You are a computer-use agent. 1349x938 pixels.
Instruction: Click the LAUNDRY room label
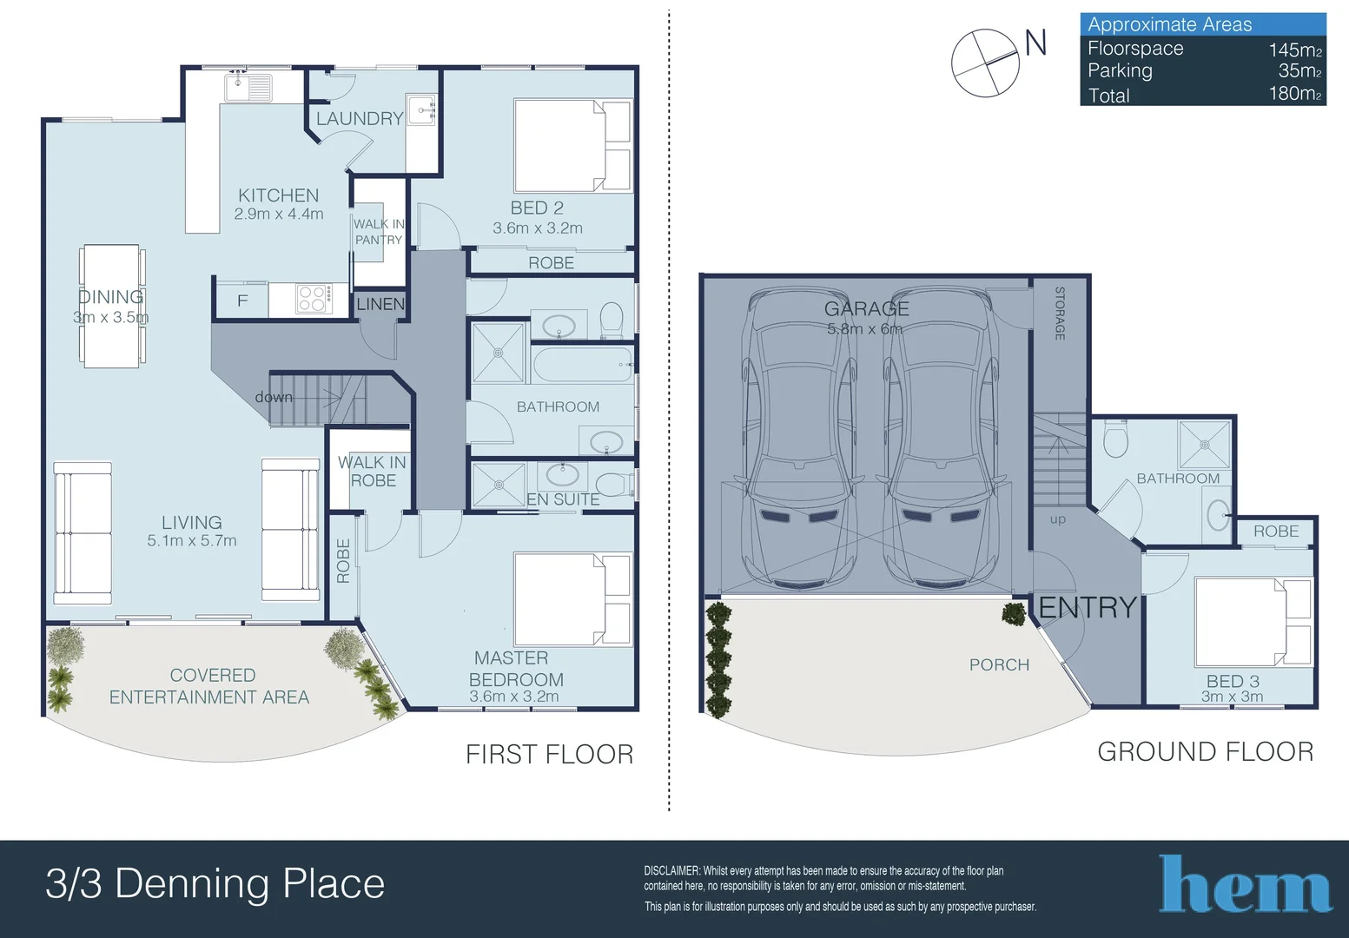tap(359, 119)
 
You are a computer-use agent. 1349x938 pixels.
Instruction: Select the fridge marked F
tap(242, 301)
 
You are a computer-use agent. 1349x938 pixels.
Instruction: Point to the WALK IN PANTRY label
tap(379, 231)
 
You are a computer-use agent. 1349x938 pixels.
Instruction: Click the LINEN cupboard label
tap(380, 304)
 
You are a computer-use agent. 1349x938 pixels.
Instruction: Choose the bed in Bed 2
tap(572, 145)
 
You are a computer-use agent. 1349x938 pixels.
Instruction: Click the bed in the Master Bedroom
tap(572, 599)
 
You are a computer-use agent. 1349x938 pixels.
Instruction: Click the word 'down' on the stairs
tap(274, 397)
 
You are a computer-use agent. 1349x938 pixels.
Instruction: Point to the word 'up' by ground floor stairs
tap(1057, 519)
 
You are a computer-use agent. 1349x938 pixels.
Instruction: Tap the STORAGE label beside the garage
tap(1060, 314)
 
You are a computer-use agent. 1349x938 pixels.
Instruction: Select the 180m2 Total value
tap(1293, 94)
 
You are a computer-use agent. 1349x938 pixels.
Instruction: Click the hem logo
tap(1245, 885)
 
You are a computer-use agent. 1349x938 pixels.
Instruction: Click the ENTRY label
tap(1088, 607)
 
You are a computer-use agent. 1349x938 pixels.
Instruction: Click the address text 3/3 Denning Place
tap(215, 884)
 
